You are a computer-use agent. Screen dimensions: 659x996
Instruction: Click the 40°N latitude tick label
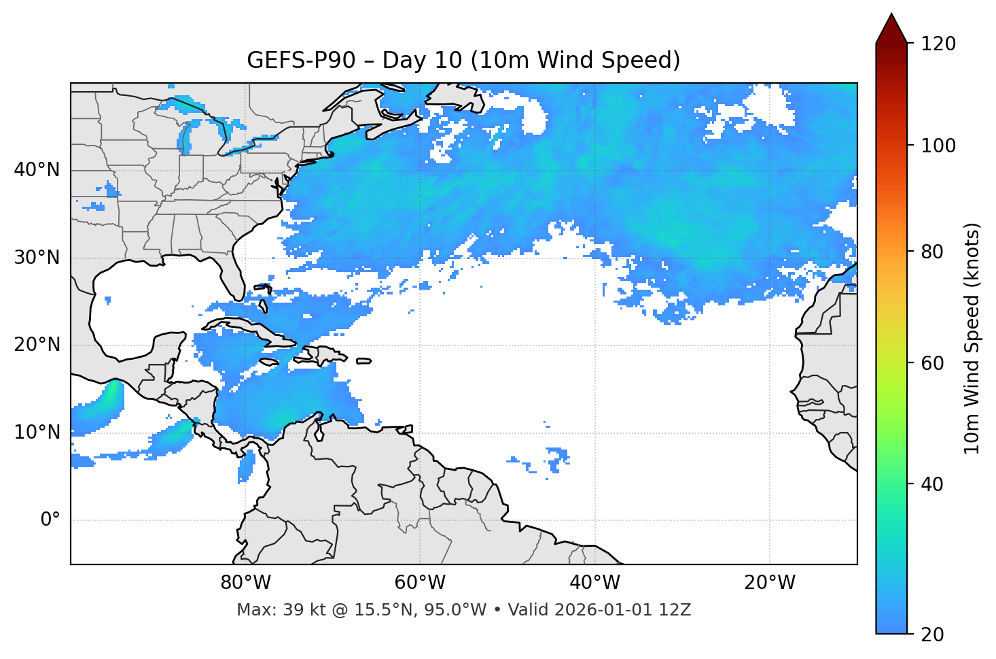37,170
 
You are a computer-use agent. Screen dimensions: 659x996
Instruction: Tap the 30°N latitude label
37,258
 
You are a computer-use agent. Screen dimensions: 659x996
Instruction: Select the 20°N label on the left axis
37,345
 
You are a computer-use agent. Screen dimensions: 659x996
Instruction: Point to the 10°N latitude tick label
37,433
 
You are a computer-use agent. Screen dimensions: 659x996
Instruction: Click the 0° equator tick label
50,520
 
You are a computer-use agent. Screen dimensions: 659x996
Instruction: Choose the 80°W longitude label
245,583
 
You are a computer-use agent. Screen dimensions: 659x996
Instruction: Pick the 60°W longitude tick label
420,583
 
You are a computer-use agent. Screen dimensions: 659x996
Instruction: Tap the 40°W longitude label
594,583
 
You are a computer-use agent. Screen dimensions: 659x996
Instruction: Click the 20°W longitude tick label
769,583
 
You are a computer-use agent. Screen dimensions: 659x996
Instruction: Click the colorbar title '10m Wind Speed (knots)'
972,338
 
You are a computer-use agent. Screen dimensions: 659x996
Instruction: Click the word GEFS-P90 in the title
301,61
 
